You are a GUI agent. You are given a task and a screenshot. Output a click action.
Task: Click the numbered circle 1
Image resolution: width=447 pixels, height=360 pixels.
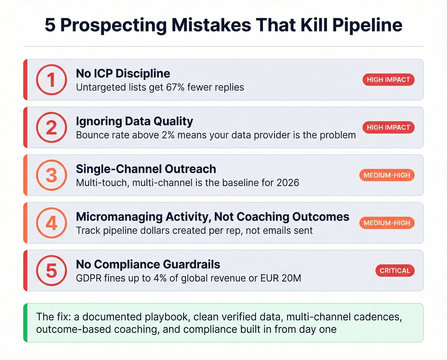tap(51, 80)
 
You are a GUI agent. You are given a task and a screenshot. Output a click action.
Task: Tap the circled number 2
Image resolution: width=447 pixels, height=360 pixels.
tap(51, 127)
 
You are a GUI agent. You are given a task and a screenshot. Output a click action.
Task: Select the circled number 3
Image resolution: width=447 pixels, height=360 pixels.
tap(51, 175)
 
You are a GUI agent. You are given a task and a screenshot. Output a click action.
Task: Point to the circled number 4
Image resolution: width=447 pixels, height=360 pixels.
tap(51, 223)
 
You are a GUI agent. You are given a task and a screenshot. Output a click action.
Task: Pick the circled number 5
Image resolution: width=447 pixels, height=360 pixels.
tap(51, 271)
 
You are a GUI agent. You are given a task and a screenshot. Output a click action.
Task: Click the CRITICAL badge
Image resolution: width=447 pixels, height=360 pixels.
tap(395, 271)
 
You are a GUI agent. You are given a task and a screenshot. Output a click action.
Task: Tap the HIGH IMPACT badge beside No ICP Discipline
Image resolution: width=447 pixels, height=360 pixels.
tap(388, 80)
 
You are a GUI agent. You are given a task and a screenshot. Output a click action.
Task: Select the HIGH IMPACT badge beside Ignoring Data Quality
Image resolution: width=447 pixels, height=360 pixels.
tap(388, 127)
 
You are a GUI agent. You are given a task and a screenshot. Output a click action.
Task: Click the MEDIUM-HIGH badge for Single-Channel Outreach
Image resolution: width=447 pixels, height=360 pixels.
tap(387, 175)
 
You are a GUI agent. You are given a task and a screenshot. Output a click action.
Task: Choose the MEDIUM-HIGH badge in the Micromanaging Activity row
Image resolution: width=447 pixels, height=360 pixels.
tap(387, 223)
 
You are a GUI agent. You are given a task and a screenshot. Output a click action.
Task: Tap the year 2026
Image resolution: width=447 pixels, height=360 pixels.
tap(288, 183)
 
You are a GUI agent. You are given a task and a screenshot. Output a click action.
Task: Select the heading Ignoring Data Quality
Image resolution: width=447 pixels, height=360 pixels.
tap(134, 121)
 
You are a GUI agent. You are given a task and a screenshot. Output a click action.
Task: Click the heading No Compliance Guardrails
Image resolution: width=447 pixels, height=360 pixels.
tap(148, 264)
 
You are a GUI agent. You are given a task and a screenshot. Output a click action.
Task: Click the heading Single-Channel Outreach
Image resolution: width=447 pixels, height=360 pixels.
tap(146, 169)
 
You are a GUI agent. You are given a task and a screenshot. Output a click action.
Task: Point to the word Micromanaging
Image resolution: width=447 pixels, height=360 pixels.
tap(119, 217)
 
